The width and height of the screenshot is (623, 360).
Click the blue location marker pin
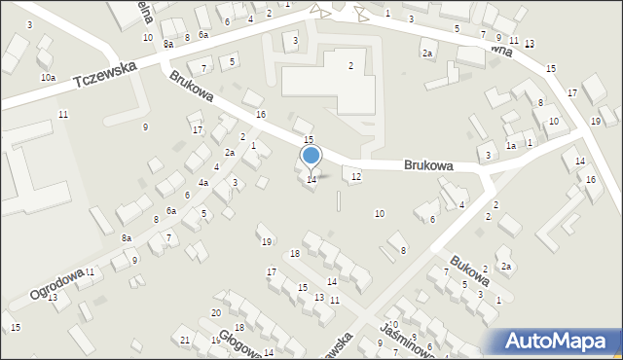tap(311, 156)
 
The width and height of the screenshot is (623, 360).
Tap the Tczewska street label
tap(110, 74)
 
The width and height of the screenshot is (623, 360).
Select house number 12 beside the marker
tap(356, 176)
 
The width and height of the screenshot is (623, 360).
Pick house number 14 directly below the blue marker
tap(311, 179)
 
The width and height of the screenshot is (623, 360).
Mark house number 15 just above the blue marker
tap(309, 140)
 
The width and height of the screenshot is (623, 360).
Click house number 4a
tap(203, 182)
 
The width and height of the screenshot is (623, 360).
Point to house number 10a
tap(48, 77)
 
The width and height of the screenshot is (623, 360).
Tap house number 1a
tap(510, 145)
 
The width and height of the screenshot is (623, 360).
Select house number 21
tap(185, 339)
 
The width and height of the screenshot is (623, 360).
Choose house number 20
tap(216, 312)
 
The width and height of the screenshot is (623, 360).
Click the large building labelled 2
tap(350, 65)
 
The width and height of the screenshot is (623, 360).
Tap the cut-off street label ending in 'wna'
tap(499, 46)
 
